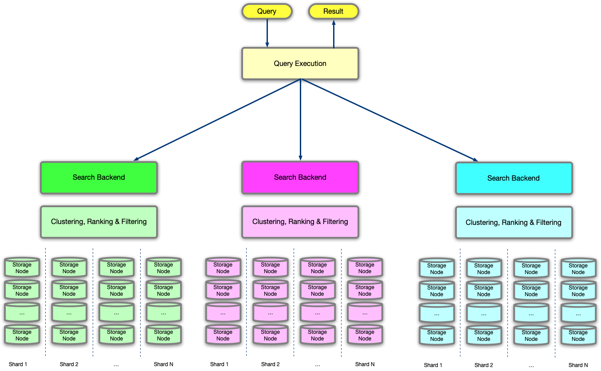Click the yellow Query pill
coord(267,11)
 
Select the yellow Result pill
coord(334,11)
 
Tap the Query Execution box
coord(300,63)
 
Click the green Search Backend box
coord(99,178)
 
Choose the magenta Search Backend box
coord(300,178)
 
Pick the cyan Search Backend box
coord(514,178)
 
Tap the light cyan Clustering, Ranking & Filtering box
coord(514,223)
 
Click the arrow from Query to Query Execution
coord(267,33)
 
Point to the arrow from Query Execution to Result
coord(334,34)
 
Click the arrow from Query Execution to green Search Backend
coord(217,120)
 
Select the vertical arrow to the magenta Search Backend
coord(301,120)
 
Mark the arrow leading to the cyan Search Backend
coord(389,120)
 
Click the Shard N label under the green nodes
coord(163,364)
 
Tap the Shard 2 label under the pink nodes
coord(270,364)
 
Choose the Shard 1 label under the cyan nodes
coord(433,365)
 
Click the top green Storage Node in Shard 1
coord(22,267)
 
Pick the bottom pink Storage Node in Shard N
coord(365,335)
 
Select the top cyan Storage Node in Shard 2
coord(484,268)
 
